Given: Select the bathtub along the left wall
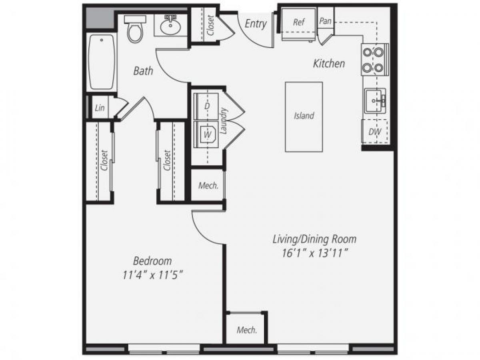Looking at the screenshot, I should click(102, 62).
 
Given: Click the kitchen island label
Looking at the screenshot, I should click(304, 116).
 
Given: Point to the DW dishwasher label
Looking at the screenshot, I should click(375, 132).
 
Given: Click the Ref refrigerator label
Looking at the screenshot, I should click(299, 22).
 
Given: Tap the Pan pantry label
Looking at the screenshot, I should click(326, 21).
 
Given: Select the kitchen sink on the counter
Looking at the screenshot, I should click(374, 100).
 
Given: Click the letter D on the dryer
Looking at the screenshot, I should click(207, 106).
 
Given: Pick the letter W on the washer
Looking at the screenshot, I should click(207, 135).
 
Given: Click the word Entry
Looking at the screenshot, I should click(256, 24).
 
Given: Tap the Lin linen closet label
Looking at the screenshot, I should click(100, 108).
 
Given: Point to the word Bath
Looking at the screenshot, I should click(143, 71).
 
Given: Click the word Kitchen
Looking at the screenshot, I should click(329, 63).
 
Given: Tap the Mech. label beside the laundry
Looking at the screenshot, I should click(208, 186).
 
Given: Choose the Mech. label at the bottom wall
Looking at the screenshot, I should click(246, 330).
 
